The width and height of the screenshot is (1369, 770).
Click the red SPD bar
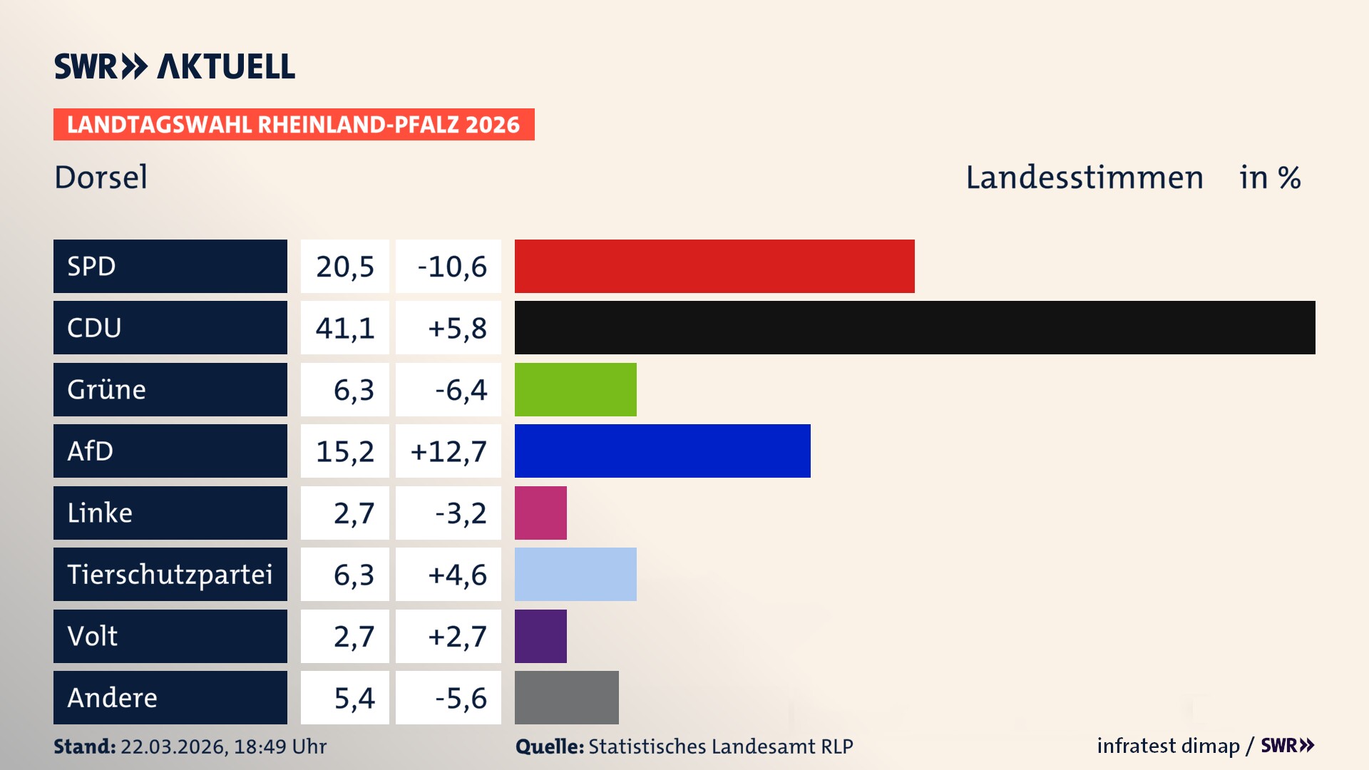pyautogui.click(x=714, y=266)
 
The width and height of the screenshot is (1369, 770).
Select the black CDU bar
pyautogui.click(x=915, y=328)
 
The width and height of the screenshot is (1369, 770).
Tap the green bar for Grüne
pyautogui.click(x=575, y=389)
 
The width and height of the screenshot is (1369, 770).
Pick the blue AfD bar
pyautogui.click(x=662, y=451)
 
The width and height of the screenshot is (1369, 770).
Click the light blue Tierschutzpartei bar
pyautogui.click(x=575, y=574)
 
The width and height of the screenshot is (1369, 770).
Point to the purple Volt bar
pyautogui.click(x=540, y=636)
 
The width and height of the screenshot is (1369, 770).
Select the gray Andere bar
pyautogui.click(x=567, y=697)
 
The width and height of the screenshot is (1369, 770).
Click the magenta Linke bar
pyautogui.click(x=540, y=513)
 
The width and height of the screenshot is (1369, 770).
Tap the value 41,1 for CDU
pyautogui.click(x=345, y=328)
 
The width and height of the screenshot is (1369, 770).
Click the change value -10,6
pyautogui.click(x=452, y=267)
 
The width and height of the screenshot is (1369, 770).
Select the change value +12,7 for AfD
pyautogui.click(x=448, y=451)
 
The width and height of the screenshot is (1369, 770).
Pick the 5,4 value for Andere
pyautogui.click(x=354, y=698)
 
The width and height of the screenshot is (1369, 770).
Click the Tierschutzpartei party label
pyautogui.click(x=170, y=574)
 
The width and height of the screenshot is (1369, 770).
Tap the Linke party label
pyautogui.click(x=100, y=513)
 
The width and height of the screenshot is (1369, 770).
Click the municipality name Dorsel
pyautogui.click(x=101, y=177)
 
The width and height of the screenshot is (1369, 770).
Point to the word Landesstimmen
pyautogui.click(x=1084, y=178)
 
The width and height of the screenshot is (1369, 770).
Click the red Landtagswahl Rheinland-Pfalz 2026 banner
pyautogui.click(x=294, y=125)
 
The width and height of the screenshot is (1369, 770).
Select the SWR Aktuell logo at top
pyautogui.click(x=175, y=66)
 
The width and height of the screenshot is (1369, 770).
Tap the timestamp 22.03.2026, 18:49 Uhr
pyautogui.click(x=223, y=746)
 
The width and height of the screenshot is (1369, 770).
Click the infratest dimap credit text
pyautogui.click(x=1168, y=746)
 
